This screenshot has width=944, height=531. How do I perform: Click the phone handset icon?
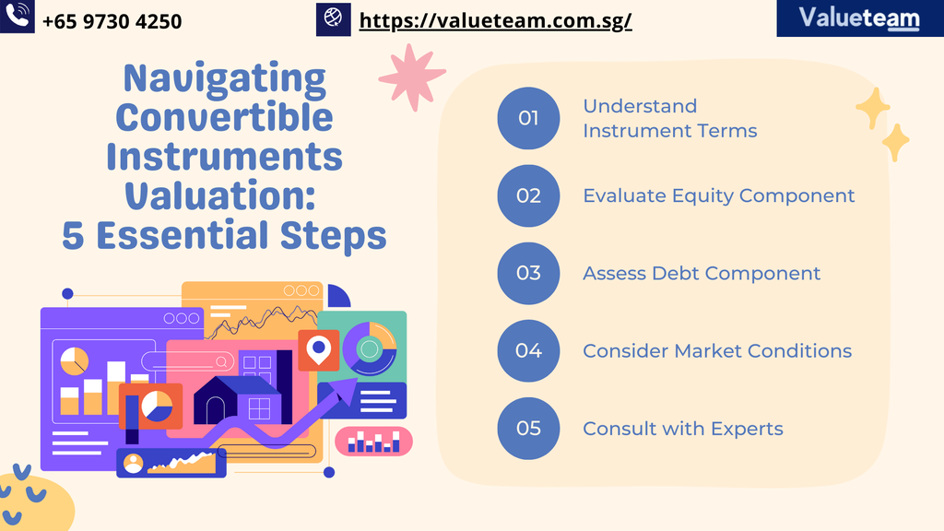click(17, 16)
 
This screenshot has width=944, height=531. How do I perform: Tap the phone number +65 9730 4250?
click(112, 22)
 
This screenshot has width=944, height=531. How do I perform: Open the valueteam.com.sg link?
click(495, 20)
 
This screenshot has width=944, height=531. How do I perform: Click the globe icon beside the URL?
click(333, 18)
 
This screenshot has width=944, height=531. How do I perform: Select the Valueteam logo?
click(860, 18)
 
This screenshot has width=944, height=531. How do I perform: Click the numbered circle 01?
click(528, 118)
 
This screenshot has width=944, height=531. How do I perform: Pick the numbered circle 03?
click(528, 273)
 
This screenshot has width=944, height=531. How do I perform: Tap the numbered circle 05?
click(528, 429)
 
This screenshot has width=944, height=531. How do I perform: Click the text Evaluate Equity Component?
click(719, 196)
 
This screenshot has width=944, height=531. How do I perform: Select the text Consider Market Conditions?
click(717, 351)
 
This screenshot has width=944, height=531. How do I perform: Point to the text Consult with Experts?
click(683, 429)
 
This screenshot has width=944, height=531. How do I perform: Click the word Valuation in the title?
click(219, 195)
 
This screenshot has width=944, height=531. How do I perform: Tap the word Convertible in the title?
click(224, 117)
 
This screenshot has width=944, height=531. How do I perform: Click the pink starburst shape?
click(412, 77)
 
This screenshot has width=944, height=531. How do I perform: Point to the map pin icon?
click(318, 349)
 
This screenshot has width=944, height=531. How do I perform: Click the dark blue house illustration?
click(237, 400)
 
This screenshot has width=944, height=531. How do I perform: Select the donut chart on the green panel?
click(369, 348)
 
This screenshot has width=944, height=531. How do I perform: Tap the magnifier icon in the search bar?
click(221, 361)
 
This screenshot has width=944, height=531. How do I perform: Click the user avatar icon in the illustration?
click(133, 463)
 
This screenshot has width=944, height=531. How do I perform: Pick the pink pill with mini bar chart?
click(373, 442)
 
